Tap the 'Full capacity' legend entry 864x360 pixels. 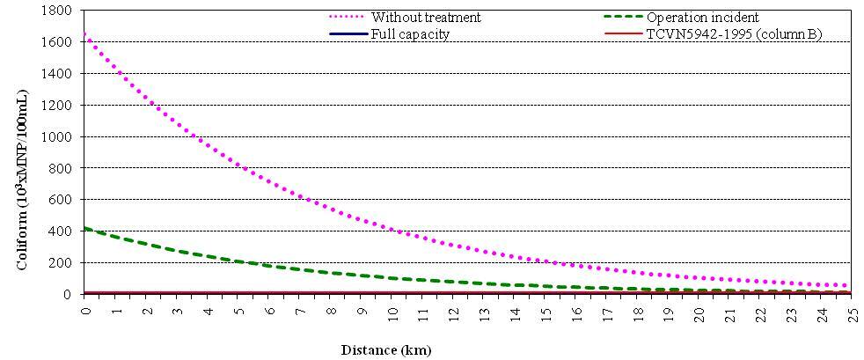[x=410, y=33]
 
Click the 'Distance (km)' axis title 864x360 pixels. [x=386, y=349]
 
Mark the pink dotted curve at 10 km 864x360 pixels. [x=392, y=231]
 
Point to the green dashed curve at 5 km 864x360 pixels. [x=238, y=261]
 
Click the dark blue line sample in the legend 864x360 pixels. [x=348, y=33]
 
